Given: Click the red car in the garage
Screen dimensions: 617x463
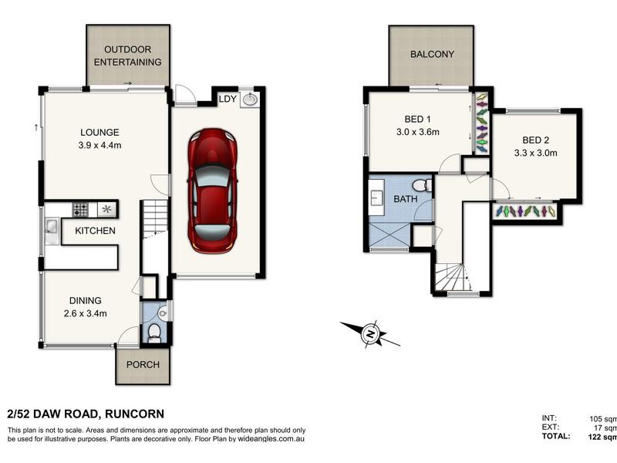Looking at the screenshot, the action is (213, 191).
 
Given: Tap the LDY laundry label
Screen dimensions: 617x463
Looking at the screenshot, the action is (228, 99).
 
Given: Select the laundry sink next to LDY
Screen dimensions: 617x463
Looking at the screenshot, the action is (250, 99).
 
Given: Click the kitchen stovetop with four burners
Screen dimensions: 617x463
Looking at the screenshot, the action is (80, 209).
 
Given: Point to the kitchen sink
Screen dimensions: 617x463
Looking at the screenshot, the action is (52, 231).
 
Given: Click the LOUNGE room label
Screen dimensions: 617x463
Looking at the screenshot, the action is (99, 132).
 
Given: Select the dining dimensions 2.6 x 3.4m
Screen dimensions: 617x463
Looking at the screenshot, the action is (86, 314).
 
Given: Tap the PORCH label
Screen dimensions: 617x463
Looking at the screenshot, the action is (143, 364).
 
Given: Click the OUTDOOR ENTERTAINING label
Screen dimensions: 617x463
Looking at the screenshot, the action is (127, 56).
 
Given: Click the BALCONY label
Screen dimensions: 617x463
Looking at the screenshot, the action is (432, 54).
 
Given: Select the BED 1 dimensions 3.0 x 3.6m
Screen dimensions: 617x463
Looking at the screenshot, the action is (417, 132).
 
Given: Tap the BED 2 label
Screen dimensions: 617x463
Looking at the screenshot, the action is (535, 140).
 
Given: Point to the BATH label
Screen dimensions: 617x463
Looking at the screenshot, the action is (406, 199).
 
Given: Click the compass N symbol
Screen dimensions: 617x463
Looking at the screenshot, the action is (370, 334).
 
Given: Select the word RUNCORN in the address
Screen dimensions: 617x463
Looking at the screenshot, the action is (134, 414).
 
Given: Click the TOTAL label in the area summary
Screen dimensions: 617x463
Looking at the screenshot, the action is (555, 436).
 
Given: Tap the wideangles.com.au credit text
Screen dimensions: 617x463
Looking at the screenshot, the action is (271, 439).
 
